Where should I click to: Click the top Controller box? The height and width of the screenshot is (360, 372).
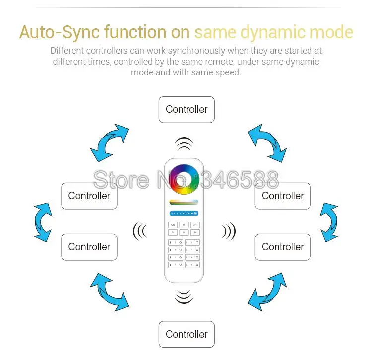click(x=186, y=110)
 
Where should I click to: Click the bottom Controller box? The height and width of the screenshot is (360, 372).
click(x=186, y=334)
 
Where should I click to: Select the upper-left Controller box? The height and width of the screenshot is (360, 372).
click(x=89, y=196)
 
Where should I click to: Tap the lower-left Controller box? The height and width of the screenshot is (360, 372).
click(x=89, y=247)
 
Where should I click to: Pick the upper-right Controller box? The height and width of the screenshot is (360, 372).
click(x=283, y=196)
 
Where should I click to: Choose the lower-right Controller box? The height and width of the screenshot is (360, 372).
click(x=283, y=247)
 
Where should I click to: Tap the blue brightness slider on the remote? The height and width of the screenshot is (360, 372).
click(x=184, y=213)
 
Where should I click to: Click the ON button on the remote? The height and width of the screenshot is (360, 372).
click(x=173, y=225)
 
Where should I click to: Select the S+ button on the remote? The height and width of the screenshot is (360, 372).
click(x=195, y=232)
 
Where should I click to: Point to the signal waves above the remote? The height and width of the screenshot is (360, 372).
click(x=184, y=144)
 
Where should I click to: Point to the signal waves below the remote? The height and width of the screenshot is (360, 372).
click(x=184, y=296)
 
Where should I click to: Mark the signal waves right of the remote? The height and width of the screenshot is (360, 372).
click(x=229, y=231)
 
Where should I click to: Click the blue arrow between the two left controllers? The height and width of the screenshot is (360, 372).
click(x=43, y=221)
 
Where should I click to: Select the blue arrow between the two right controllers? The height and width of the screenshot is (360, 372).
click(x=328, y=221)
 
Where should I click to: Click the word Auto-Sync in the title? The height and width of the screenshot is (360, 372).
click(x=60, y=33)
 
